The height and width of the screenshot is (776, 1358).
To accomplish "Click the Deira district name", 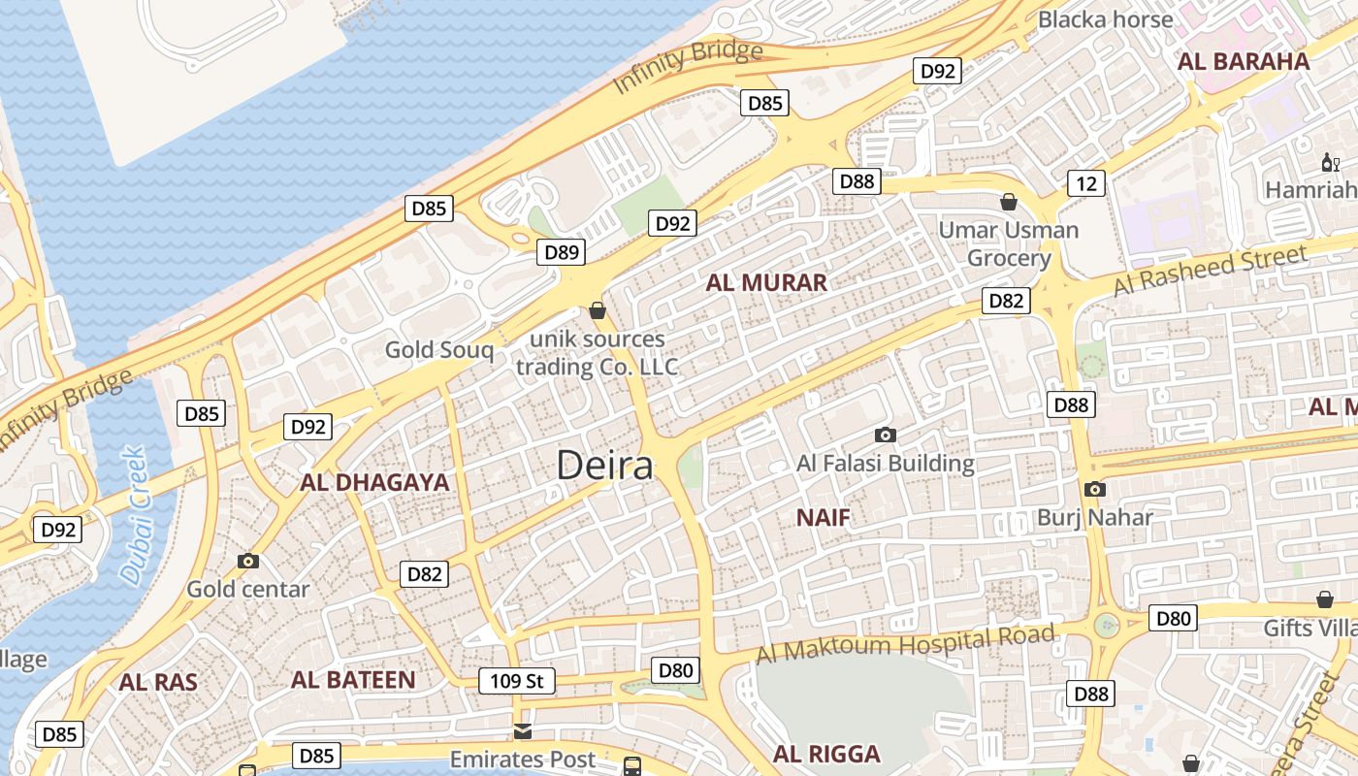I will click(x=605, y=466).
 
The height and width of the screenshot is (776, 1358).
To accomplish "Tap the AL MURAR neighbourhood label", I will click(x=766, y=283).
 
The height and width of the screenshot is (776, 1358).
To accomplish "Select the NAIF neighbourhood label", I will click(x=823, y=518).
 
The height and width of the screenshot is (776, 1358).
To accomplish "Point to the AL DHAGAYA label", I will click(x=374, y=483).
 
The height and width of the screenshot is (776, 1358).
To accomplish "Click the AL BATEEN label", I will click(x=353, y=680).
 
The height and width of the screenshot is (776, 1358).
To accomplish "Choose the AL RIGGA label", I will click(x=826, y=754).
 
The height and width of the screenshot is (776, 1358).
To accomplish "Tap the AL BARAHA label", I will click(x=1243, y=62).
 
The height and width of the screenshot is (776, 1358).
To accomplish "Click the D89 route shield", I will click(x=562, y=253).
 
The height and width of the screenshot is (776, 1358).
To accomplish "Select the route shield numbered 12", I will click(x=1086, y=183).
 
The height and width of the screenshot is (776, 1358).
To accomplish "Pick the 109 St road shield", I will click(x=517, y=681).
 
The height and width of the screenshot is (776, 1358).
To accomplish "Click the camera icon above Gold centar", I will click(x=248, y=561).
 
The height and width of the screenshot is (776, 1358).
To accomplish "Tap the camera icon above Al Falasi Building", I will click(x=885, y=435).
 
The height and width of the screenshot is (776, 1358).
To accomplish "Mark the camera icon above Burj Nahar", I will click(x=1095, y=489).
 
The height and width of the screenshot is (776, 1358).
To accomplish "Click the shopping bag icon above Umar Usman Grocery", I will click(x=1009, y=202).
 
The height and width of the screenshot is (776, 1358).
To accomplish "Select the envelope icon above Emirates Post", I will click(x=523, y=730).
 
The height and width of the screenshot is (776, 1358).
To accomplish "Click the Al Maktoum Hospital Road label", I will click(x=905, y=644).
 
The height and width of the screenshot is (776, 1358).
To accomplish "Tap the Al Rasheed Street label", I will click(x=1210, y=271).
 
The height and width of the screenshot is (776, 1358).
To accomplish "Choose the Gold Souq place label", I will click(x=439, y=350).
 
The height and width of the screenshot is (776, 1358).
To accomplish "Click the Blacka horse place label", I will click(x=1105, y=19).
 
